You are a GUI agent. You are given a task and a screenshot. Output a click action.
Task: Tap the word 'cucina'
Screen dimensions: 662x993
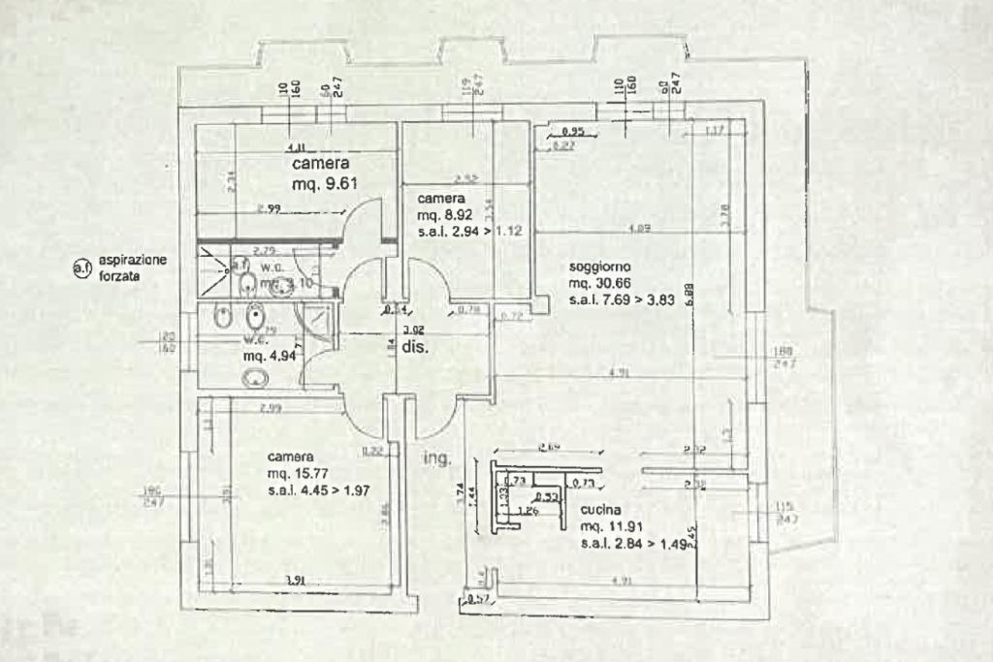point(603,511)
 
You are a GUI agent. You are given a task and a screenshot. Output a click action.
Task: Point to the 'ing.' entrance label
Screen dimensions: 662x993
point(436,459)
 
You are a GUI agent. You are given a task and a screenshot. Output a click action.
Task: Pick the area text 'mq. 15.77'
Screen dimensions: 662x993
point(299,474)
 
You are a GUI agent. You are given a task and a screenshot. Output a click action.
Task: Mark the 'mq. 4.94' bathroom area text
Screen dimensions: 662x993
point(269,357)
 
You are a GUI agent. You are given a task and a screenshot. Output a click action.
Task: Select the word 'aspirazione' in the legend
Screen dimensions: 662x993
point(133,261)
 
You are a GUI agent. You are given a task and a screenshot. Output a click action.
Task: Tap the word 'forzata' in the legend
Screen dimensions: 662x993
point(119,276)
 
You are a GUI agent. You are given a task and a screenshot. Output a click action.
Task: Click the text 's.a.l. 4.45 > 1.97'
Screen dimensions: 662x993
point(321,490)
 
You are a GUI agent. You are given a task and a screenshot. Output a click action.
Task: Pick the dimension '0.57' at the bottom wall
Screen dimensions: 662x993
point(478,599)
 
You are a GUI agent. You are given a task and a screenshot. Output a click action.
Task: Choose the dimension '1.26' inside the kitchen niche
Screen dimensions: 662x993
point(528,510)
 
